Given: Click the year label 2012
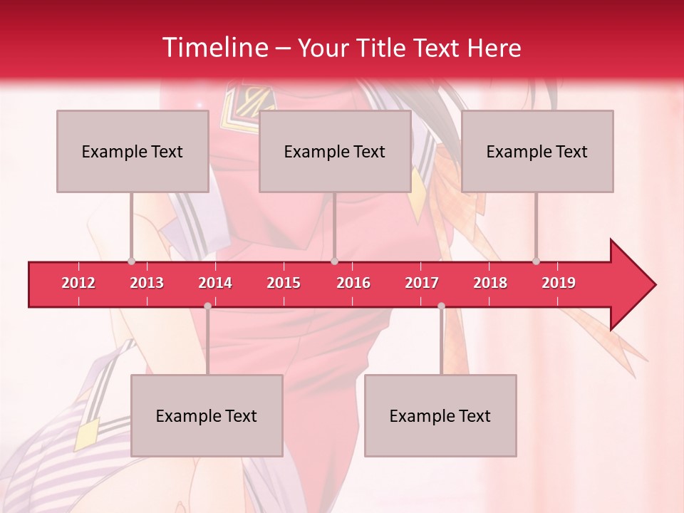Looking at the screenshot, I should coord(78,283).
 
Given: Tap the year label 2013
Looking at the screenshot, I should coord(147,283).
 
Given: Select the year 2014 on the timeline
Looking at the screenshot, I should coord(215,283).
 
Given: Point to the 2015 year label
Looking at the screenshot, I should coord(284,283).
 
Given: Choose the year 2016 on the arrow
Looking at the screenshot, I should coord(353,283).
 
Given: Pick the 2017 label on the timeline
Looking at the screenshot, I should coord(422,283).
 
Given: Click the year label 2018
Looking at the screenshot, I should coord(490,283).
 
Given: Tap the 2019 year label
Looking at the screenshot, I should coord(559,283).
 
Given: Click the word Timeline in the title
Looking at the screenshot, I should coord(214,48).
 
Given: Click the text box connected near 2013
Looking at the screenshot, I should coord(133,151).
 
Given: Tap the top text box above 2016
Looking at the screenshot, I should coord(335,151).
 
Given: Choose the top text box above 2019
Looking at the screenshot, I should coord(537,151).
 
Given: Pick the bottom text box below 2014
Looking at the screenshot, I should coord(207,415).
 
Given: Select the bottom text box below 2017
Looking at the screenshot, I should coord(440,415).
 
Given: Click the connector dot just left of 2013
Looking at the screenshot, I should coord(131,261).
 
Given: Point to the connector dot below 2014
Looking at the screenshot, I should coord(207,306).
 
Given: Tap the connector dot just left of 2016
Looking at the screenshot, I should coord(334,261).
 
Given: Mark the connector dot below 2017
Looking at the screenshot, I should coord(441,306).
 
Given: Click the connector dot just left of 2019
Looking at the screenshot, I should coord(536,261).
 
